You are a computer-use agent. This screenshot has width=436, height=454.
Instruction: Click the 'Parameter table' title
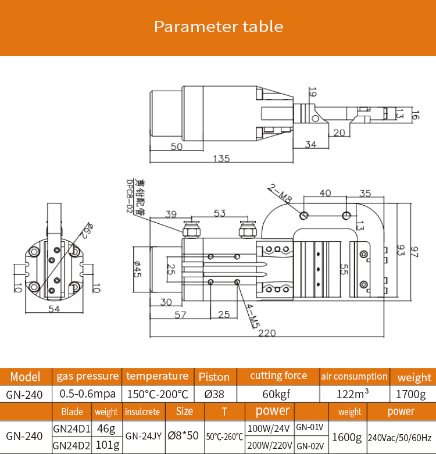pyautogui.click(x=218, y=27)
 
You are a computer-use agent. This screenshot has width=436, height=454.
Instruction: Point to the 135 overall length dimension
pyautogui.click(x=221, y=158)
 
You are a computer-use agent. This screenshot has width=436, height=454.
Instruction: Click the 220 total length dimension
pyautogui.click(x=267, y=333)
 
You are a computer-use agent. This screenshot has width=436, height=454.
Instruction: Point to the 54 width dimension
pyautogui.click(x=55, y=309)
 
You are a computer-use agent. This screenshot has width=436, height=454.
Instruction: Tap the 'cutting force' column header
pyautogui.click(x=278, y=376)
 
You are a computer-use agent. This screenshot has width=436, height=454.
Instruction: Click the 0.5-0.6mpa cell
pyautogui.click(x=87, y=394)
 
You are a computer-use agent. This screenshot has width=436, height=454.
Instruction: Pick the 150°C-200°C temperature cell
pyautogui.click(x=157, y=394)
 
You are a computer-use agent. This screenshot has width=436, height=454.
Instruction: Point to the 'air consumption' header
pyautogui.click(x=354, y=376)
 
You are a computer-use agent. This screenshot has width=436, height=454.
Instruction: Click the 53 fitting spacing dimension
pyautogui.click(x=219, y=213)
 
